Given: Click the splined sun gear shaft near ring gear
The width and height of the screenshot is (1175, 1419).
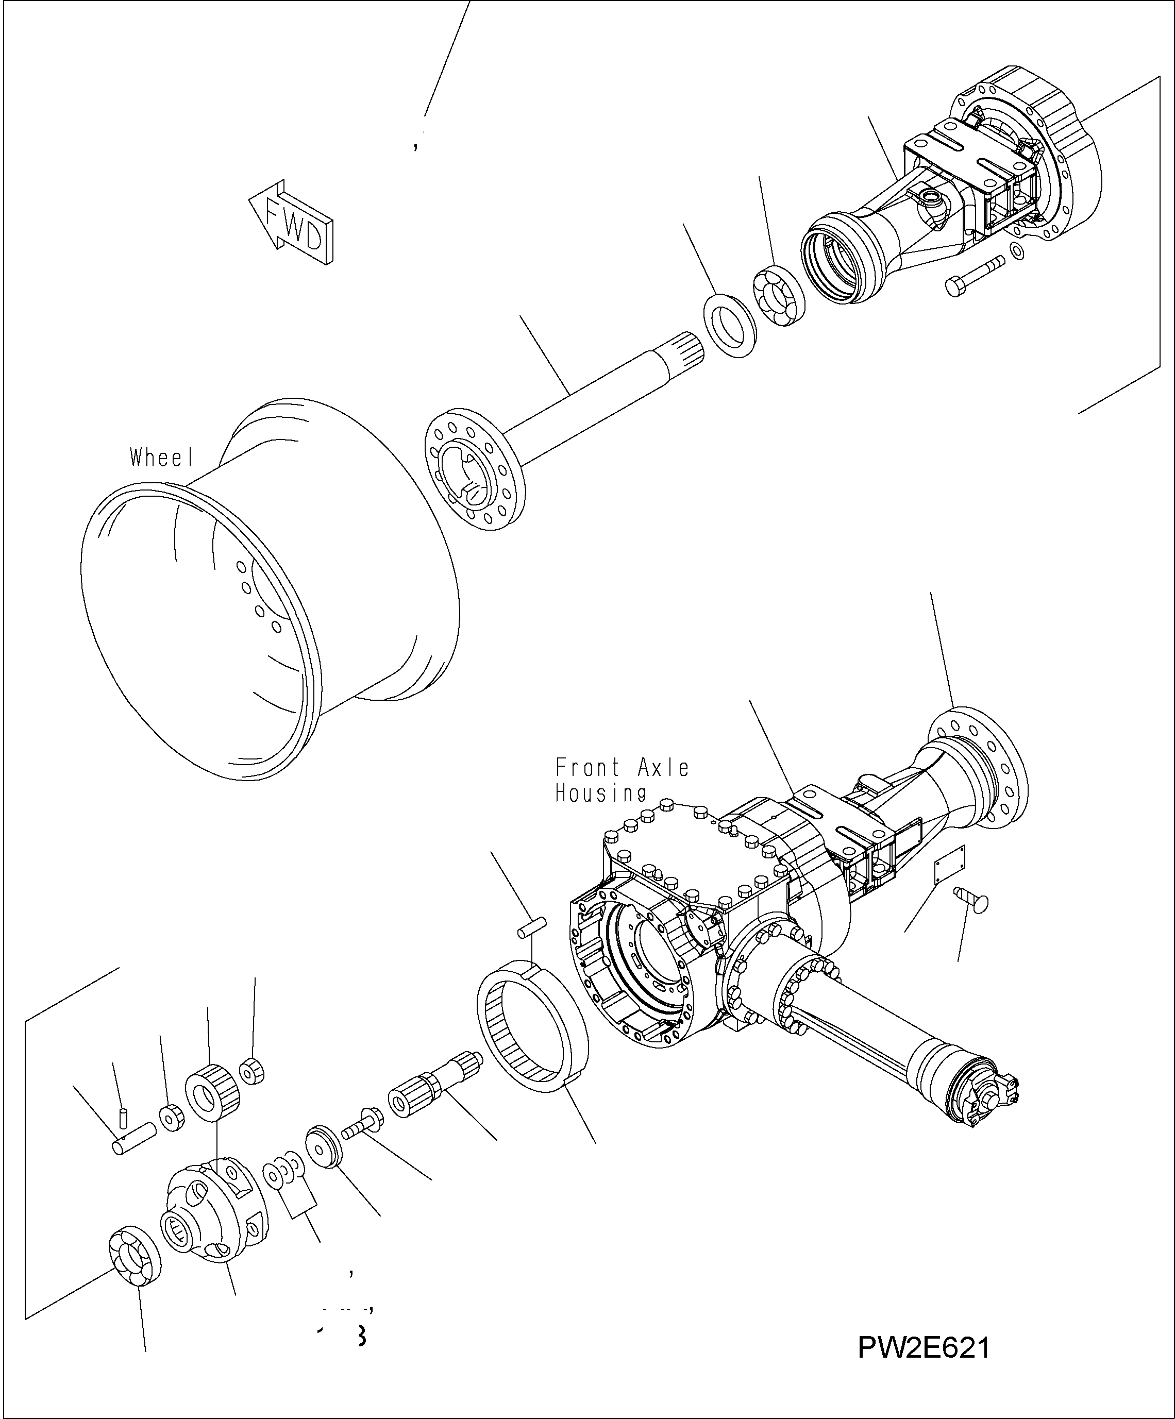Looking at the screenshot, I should (x=432, y=1088).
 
